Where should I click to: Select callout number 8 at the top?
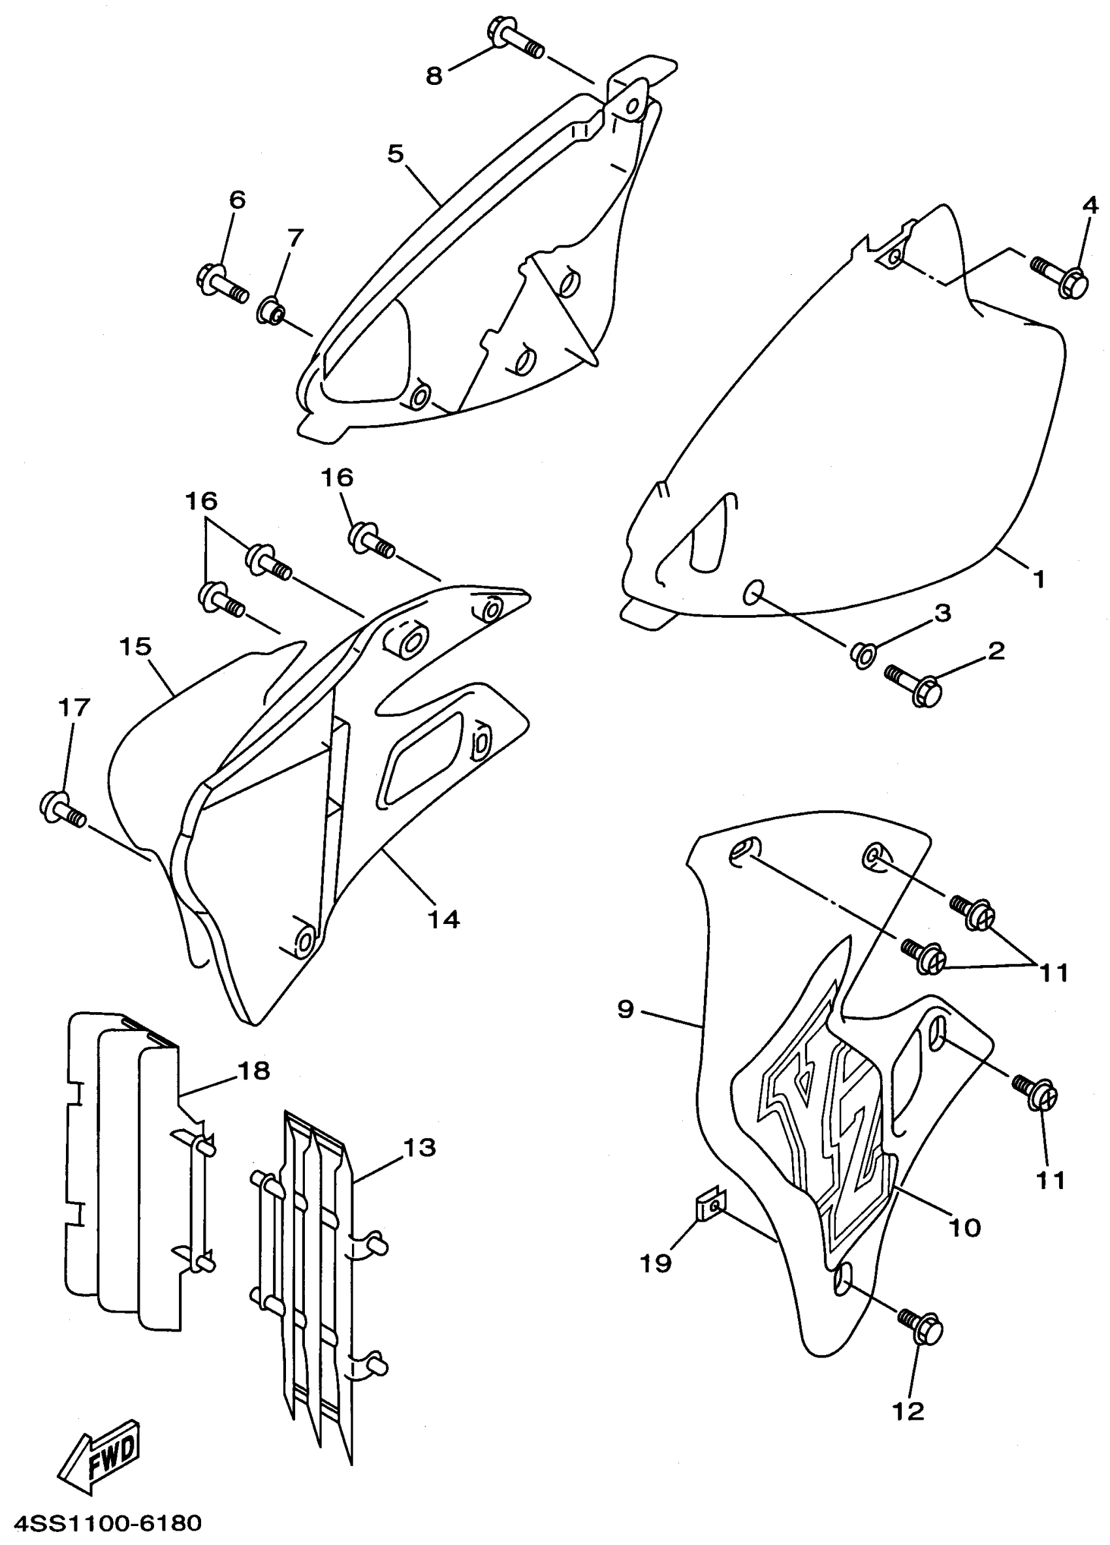tap(434, 76)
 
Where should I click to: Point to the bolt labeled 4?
tap(1061, 274)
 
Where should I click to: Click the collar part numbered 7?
tap(271, 311)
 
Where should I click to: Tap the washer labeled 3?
tap(862, 654)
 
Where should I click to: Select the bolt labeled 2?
tap(915, 685)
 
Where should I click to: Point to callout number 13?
tap(419, 1148)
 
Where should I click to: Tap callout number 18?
tap(254, 1071)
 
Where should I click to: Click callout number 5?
tap(396, 154)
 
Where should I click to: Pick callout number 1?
tap(1038, 580)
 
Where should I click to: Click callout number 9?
tap(626, 1010)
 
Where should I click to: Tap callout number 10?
tap(964, 1228)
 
